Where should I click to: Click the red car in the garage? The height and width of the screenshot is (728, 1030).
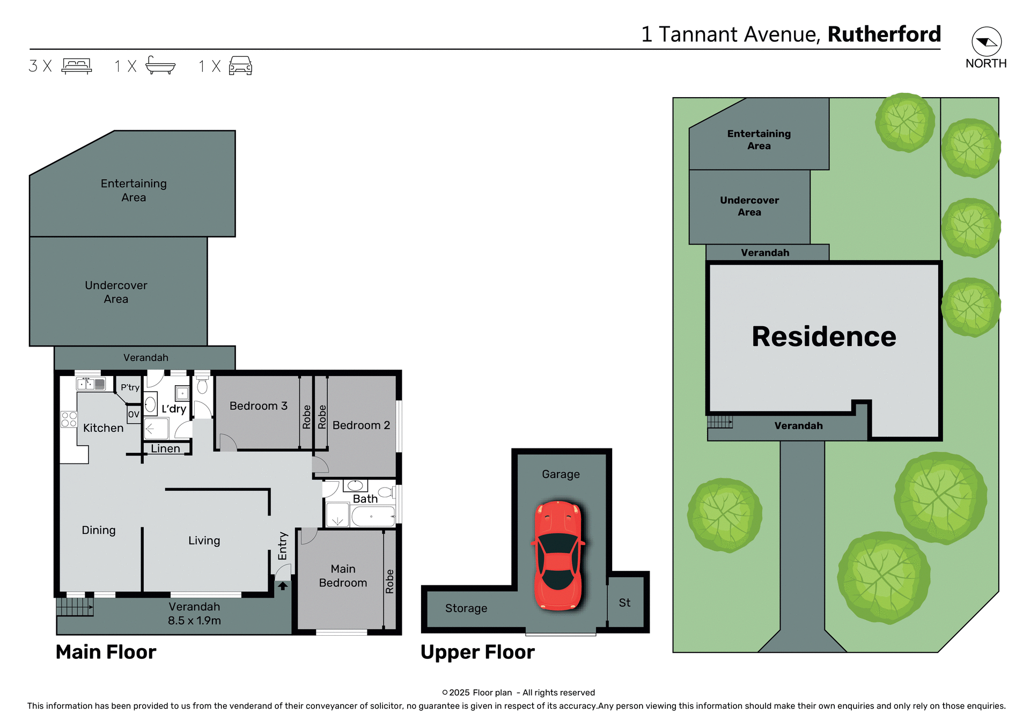tap(558, 556)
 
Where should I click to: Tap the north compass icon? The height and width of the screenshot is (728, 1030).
tap(986, 42)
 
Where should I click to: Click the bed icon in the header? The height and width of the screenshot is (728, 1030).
tap(77, 66)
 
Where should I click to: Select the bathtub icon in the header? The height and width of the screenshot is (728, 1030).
tap(160, 65)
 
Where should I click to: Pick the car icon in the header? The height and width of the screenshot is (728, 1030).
tap(240, 65)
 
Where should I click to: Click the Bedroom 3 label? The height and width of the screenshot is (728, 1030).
tap(258, 406)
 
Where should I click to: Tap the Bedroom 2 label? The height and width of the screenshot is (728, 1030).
tap(361, 425)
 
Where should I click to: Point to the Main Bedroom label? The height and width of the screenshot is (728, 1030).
tap(343, 576)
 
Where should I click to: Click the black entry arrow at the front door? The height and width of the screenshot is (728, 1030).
tap(283, 586)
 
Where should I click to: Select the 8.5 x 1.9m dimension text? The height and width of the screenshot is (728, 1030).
tap(194, 621)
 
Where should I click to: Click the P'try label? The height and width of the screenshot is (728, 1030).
tap(130, 387)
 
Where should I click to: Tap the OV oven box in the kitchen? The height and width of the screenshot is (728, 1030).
tap(134, 414)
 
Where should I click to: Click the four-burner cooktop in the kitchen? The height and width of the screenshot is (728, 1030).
tap(69, 420)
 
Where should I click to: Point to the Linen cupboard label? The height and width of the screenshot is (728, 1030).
tap(165, 448)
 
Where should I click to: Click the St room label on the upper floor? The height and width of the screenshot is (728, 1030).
tap(624, 602)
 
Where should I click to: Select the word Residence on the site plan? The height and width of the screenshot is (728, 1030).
tap(823, 337)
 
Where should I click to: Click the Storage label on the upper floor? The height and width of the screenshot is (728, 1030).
tap(466, 608)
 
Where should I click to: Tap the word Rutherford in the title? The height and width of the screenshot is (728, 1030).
tap(884, 34)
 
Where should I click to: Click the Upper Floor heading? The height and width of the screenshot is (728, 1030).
tap(477, 652)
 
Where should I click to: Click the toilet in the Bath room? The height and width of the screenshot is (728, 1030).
tap(385, 492)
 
